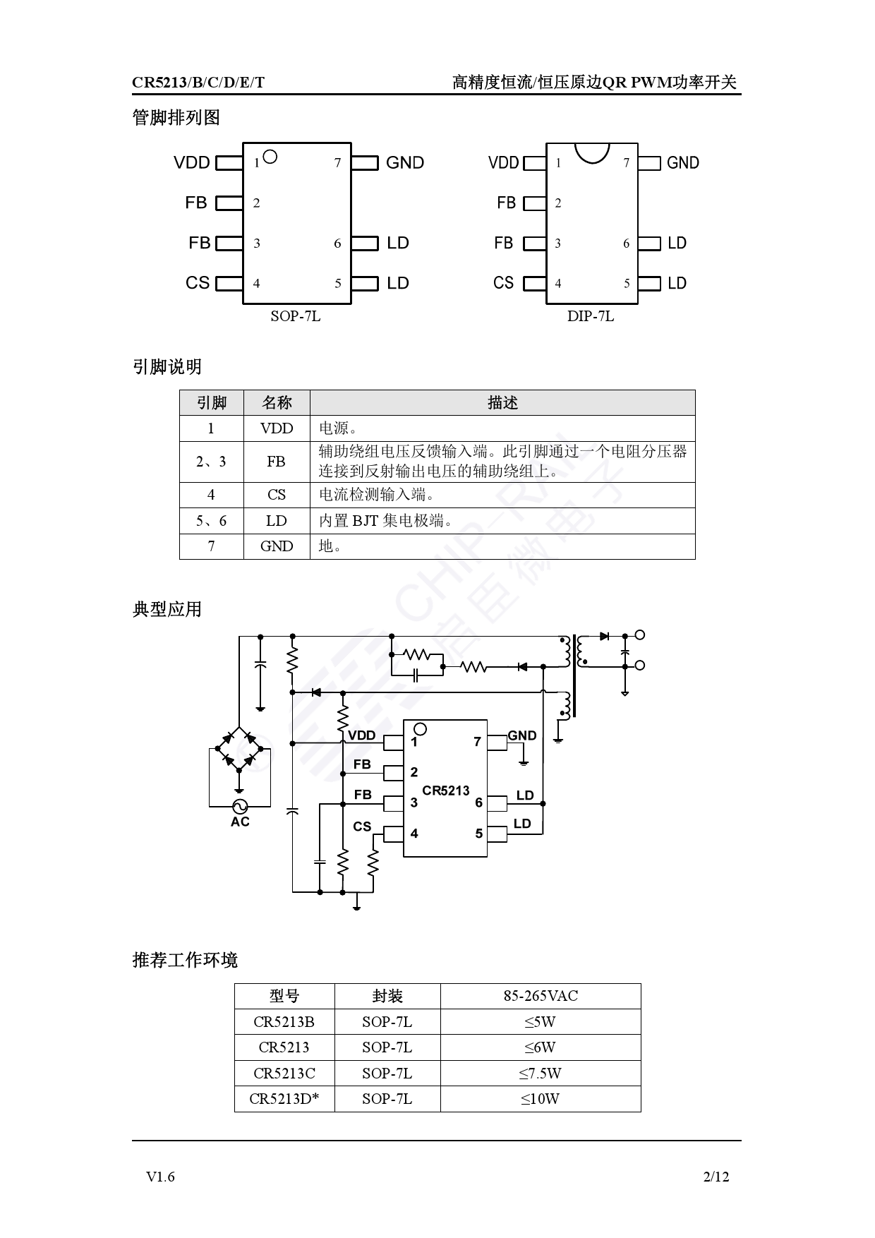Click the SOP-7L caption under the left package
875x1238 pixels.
(x=295, y=316)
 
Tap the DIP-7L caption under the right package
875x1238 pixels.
(x=591, y=316)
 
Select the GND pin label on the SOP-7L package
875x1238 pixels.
(x=405, y=162)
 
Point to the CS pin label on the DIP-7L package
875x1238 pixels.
(x=503, y=283)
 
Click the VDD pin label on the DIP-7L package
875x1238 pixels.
(x=503, y=163)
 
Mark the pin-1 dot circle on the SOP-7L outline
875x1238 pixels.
(x=270, y=156)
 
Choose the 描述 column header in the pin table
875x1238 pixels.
(x=502, y=403)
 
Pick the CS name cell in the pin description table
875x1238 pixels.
(x=277, y=495)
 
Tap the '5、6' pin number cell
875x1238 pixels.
(x=211, y=521)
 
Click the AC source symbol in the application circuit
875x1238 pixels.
(x=240, y=806)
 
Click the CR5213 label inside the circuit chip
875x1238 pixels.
(x=446, y=791)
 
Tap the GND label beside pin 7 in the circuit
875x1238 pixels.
(x=522, y=735)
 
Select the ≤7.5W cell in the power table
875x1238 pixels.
(x=540, y=1074)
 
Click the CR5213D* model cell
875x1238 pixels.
(x=284, y=1099)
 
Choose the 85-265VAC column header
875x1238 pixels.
(x=541, y=996)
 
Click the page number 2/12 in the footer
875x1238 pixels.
(x=716, y=1177)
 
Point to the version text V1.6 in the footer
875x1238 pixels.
(x=160, y=1177)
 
